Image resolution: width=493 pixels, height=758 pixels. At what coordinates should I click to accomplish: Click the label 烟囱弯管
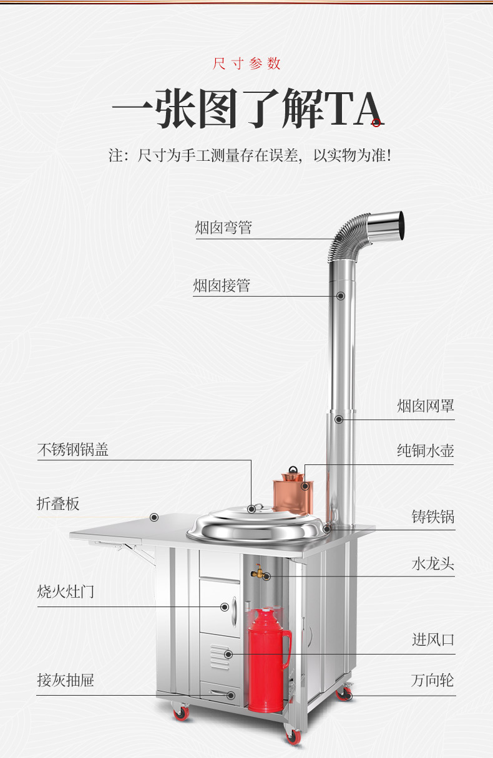pos(223,228)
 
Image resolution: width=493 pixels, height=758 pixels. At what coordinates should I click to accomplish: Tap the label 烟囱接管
pos(222,285)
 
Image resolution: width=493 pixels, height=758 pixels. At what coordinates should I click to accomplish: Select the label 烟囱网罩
pos(426,406)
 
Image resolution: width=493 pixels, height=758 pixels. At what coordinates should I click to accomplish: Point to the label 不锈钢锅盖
pos(73,449)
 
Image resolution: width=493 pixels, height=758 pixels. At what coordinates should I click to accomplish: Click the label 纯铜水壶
pos(426,451)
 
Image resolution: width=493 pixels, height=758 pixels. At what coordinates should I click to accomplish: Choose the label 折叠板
pos(58,503)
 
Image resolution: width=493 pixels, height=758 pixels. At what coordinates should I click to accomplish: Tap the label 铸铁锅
pos(432,517)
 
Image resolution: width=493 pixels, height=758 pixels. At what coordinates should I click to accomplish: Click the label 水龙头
pos(432,564)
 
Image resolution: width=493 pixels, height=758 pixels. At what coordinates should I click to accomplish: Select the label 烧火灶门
pos(66,591)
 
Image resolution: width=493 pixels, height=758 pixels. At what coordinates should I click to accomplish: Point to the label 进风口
pos(432,640)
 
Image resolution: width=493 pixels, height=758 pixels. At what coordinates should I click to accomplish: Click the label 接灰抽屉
pos(66,680)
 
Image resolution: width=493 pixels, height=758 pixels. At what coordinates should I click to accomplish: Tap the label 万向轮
pos(432,680)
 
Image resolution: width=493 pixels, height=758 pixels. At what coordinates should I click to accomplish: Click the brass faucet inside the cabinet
pos(258,570)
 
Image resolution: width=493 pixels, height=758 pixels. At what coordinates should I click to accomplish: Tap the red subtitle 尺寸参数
pos(246,64)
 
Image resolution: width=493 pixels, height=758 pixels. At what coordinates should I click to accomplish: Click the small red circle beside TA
pos(376,123)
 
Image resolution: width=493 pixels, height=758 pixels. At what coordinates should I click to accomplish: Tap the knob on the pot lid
pos(251,509)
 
